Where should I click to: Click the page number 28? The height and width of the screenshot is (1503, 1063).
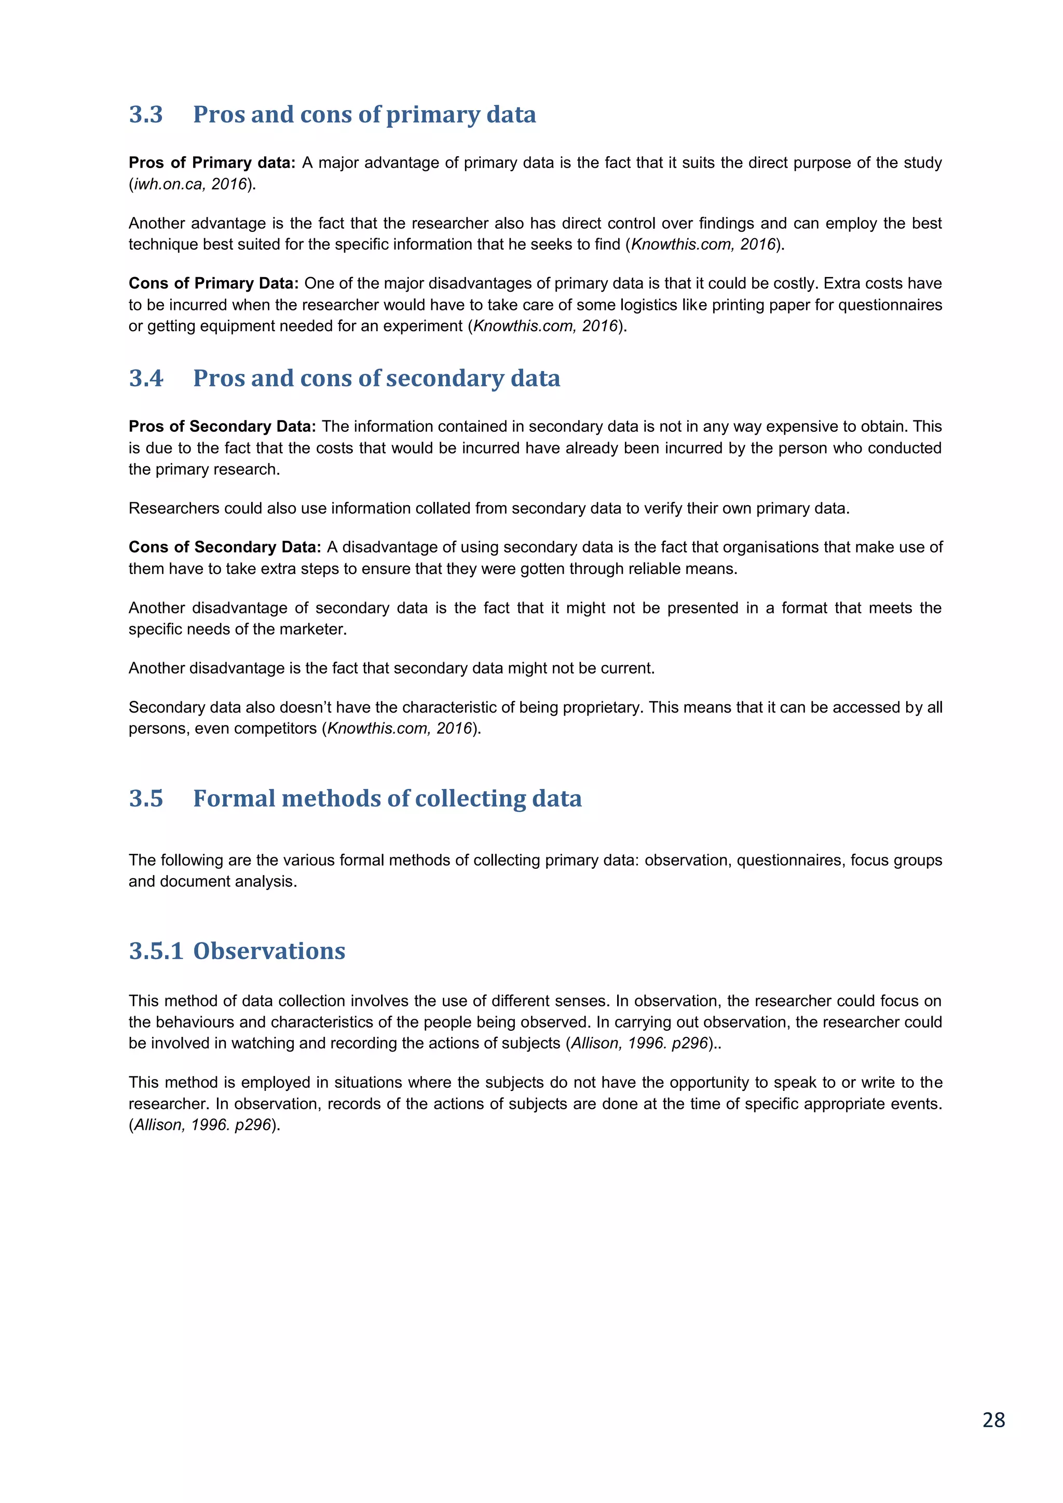[x=993, y=1420]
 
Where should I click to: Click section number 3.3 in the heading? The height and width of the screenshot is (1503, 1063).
[x=146, y=115]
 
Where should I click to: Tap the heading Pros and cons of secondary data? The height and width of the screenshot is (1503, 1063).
[x=376, y=378]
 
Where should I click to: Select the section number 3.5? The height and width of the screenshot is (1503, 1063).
[x=146, y=799]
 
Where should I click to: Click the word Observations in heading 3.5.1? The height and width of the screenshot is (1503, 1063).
[x=269, y=951]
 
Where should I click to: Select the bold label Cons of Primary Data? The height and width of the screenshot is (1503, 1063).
[x=213, y=283]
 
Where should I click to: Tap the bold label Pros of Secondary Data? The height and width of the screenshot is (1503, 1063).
[x=222, y=426]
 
